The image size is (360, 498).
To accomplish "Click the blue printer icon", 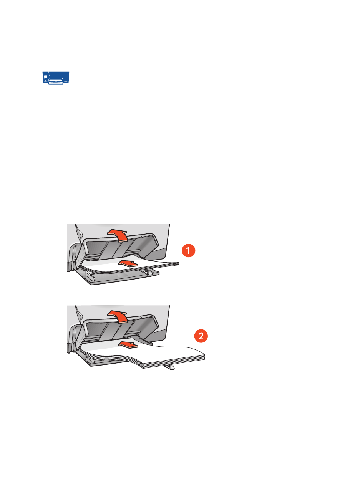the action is point(55,77).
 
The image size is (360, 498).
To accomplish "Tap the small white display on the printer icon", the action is point(46,77).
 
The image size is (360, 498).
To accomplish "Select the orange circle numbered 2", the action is point(201,337).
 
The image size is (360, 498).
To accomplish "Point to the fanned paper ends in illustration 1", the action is point(175,264).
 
